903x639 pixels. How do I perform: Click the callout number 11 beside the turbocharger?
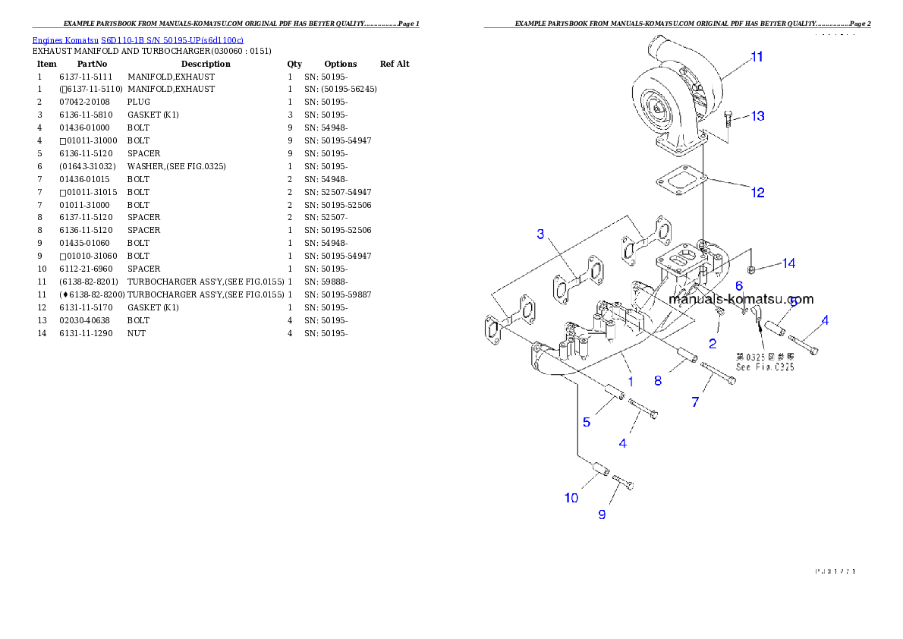click(757, 57)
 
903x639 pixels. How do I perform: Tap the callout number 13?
click(757, 116)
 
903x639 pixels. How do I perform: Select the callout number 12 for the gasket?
click(757, 193)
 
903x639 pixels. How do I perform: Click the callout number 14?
click(788, 263)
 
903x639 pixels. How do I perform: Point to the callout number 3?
click(540, 234)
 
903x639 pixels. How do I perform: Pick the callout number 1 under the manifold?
click(629, 375)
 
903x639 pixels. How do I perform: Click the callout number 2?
click(712, 344)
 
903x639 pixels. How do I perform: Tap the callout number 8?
click(657, 381)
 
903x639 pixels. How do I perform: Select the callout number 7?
click(695, 402)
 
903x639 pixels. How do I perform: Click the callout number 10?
click(571, 498)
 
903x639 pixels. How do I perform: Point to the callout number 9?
click(602, 515)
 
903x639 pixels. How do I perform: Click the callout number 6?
click(738, 286)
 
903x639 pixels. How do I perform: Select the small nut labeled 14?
click(750, 269)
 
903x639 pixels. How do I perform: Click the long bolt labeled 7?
click(719, 375)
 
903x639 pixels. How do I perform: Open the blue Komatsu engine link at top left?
click(137, 40)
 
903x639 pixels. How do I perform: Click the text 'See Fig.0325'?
click(765, 367)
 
